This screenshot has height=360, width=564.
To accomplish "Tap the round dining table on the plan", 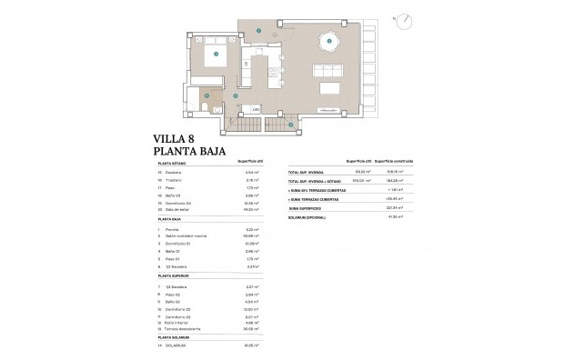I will (328, 41).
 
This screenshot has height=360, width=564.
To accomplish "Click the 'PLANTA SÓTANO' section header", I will (172, 164).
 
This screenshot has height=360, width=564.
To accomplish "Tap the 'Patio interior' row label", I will (178, 323).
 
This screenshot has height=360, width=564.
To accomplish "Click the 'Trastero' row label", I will (173, 180).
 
